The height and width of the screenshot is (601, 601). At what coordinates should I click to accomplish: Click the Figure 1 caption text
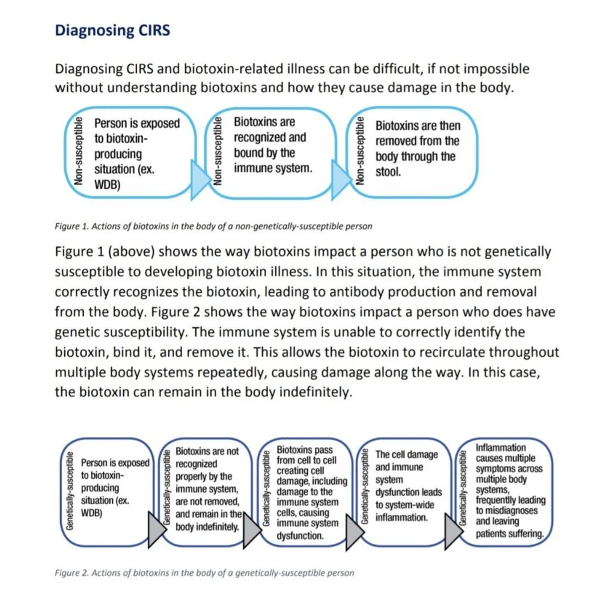[213, 226]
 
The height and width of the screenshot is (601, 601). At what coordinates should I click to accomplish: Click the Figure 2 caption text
[204, 572]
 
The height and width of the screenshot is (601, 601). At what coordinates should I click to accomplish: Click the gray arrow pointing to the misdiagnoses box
[452, 528]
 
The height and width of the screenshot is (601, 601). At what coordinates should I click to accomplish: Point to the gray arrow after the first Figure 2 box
[154, 528]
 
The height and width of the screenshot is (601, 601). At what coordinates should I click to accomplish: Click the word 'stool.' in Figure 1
[388, 172]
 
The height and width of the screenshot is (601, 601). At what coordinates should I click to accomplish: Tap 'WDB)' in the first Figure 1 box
[107, 185]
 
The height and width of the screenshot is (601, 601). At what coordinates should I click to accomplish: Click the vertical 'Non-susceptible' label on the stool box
[360, 150]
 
